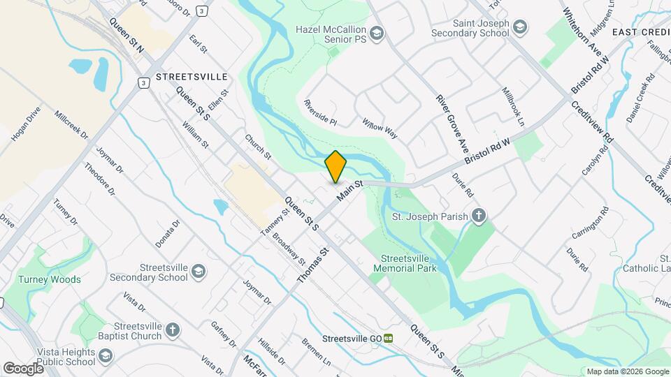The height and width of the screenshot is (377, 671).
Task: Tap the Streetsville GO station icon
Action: [x=388, y=339]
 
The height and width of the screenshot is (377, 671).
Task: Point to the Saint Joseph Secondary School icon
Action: [x=519, y=27]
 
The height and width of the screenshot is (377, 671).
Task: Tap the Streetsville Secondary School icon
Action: [x=199, y=272]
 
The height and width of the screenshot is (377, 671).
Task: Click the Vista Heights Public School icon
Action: [x=105, y=357]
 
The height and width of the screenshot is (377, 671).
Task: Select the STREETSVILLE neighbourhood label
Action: [x=192, y=76]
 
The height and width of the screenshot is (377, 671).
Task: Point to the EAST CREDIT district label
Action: [x=641, y=33]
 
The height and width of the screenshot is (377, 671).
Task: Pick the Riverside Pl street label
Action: [x=320, y=111]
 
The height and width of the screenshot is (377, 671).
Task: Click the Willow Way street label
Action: [x=380, y=128]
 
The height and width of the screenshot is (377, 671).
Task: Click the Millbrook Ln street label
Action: [x=513, y=107]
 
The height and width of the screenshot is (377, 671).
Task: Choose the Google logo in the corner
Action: [x=23, y=368]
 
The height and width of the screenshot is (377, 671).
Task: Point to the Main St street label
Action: [x=348, y=190]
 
